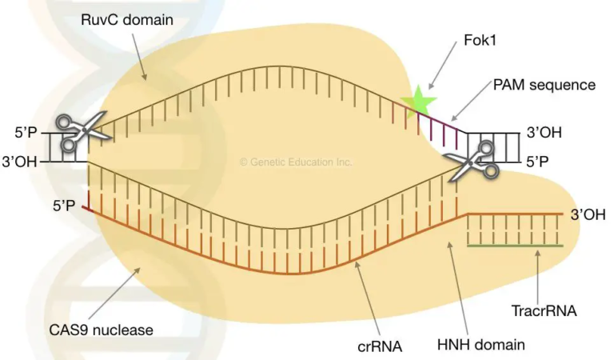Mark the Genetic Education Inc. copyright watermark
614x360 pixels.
[x=296, y=162]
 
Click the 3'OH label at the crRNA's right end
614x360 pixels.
[x=588, y=214]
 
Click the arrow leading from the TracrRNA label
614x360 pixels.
[x=540, y=272]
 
